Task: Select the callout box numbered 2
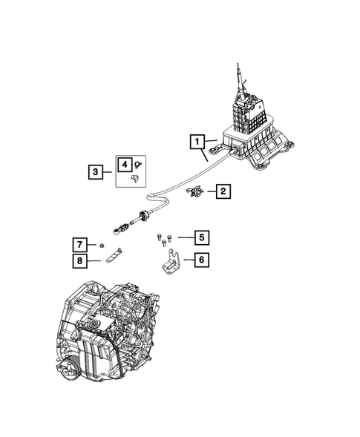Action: (222, 192)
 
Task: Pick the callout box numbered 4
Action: (126, 165)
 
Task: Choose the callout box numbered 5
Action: (201, 237)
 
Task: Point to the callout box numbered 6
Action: (201, 260)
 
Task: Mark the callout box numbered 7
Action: (77, 244)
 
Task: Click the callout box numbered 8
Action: (77, 260)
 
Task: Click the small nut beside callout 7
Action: (101, 244)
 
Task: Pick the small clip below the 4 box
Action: (134, 179)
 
